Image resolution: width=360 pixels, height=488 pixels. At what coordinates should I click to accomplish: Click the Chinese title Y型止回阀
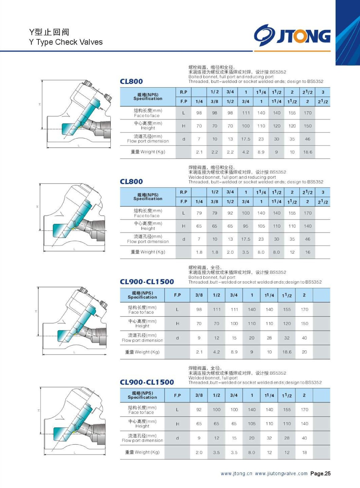point(49,32)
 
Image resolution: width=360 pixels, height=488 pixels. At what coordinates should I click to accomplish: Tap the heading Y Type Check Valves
point(66,42)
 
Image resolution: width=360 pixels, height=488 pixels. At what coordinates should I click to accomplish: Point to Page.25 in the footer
point(320,473)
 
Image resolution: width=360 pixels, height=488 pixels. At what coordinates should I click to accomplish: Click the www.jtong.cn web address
point(236,473)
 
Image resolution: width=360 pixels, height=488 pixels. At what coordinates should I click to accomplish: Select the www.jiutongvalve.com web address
point(281,473)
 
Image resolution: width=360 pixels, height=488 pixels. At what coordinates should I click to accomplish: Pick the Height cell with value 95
point(246,226)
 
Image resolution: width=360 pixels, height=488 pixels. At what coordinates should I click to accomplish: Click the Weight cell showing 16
point(308,252)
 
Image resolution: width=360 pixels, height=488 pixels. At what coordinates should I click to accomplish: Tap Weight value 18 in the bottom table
point(304,452)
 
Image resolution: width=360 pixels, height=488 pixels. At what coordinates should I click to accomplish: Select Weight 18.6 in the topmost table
point(308,152)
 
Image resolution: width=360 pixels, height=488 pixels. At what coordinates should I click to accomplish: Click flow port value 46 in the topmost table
point(308,139)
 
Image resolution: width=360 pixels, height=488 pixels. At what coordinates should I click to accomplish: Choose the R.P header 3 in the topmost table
point(323,92)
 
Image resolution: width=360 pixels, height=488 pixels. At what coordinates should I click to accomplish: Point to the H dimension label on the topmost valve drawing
point(39,104)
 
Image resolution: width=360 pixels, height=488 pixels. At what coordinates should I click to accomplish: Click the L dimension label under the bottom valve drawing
point(74,453)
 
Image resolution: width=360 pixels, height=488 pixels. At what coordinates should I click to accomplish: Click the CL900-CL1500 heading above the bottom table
point(147,382)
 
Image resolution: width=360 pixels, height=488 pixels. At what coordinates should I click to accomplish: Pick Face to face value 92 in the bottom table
point(199,410)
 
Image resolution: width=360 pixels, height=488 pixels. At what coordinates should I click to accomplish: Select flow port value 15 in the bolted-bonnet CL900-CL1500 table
point(234,338)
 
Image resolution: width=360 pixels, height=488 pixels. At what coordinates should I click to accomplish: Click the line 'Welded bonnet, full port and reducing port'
point(232,177)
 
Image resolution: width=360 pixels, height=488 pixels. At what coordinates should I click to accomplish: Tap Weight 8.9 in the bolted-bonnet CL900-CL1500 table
point(234,352)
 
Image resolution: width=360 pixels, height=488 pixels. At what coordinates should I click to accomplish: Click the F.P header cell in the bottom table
point(177,395)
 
